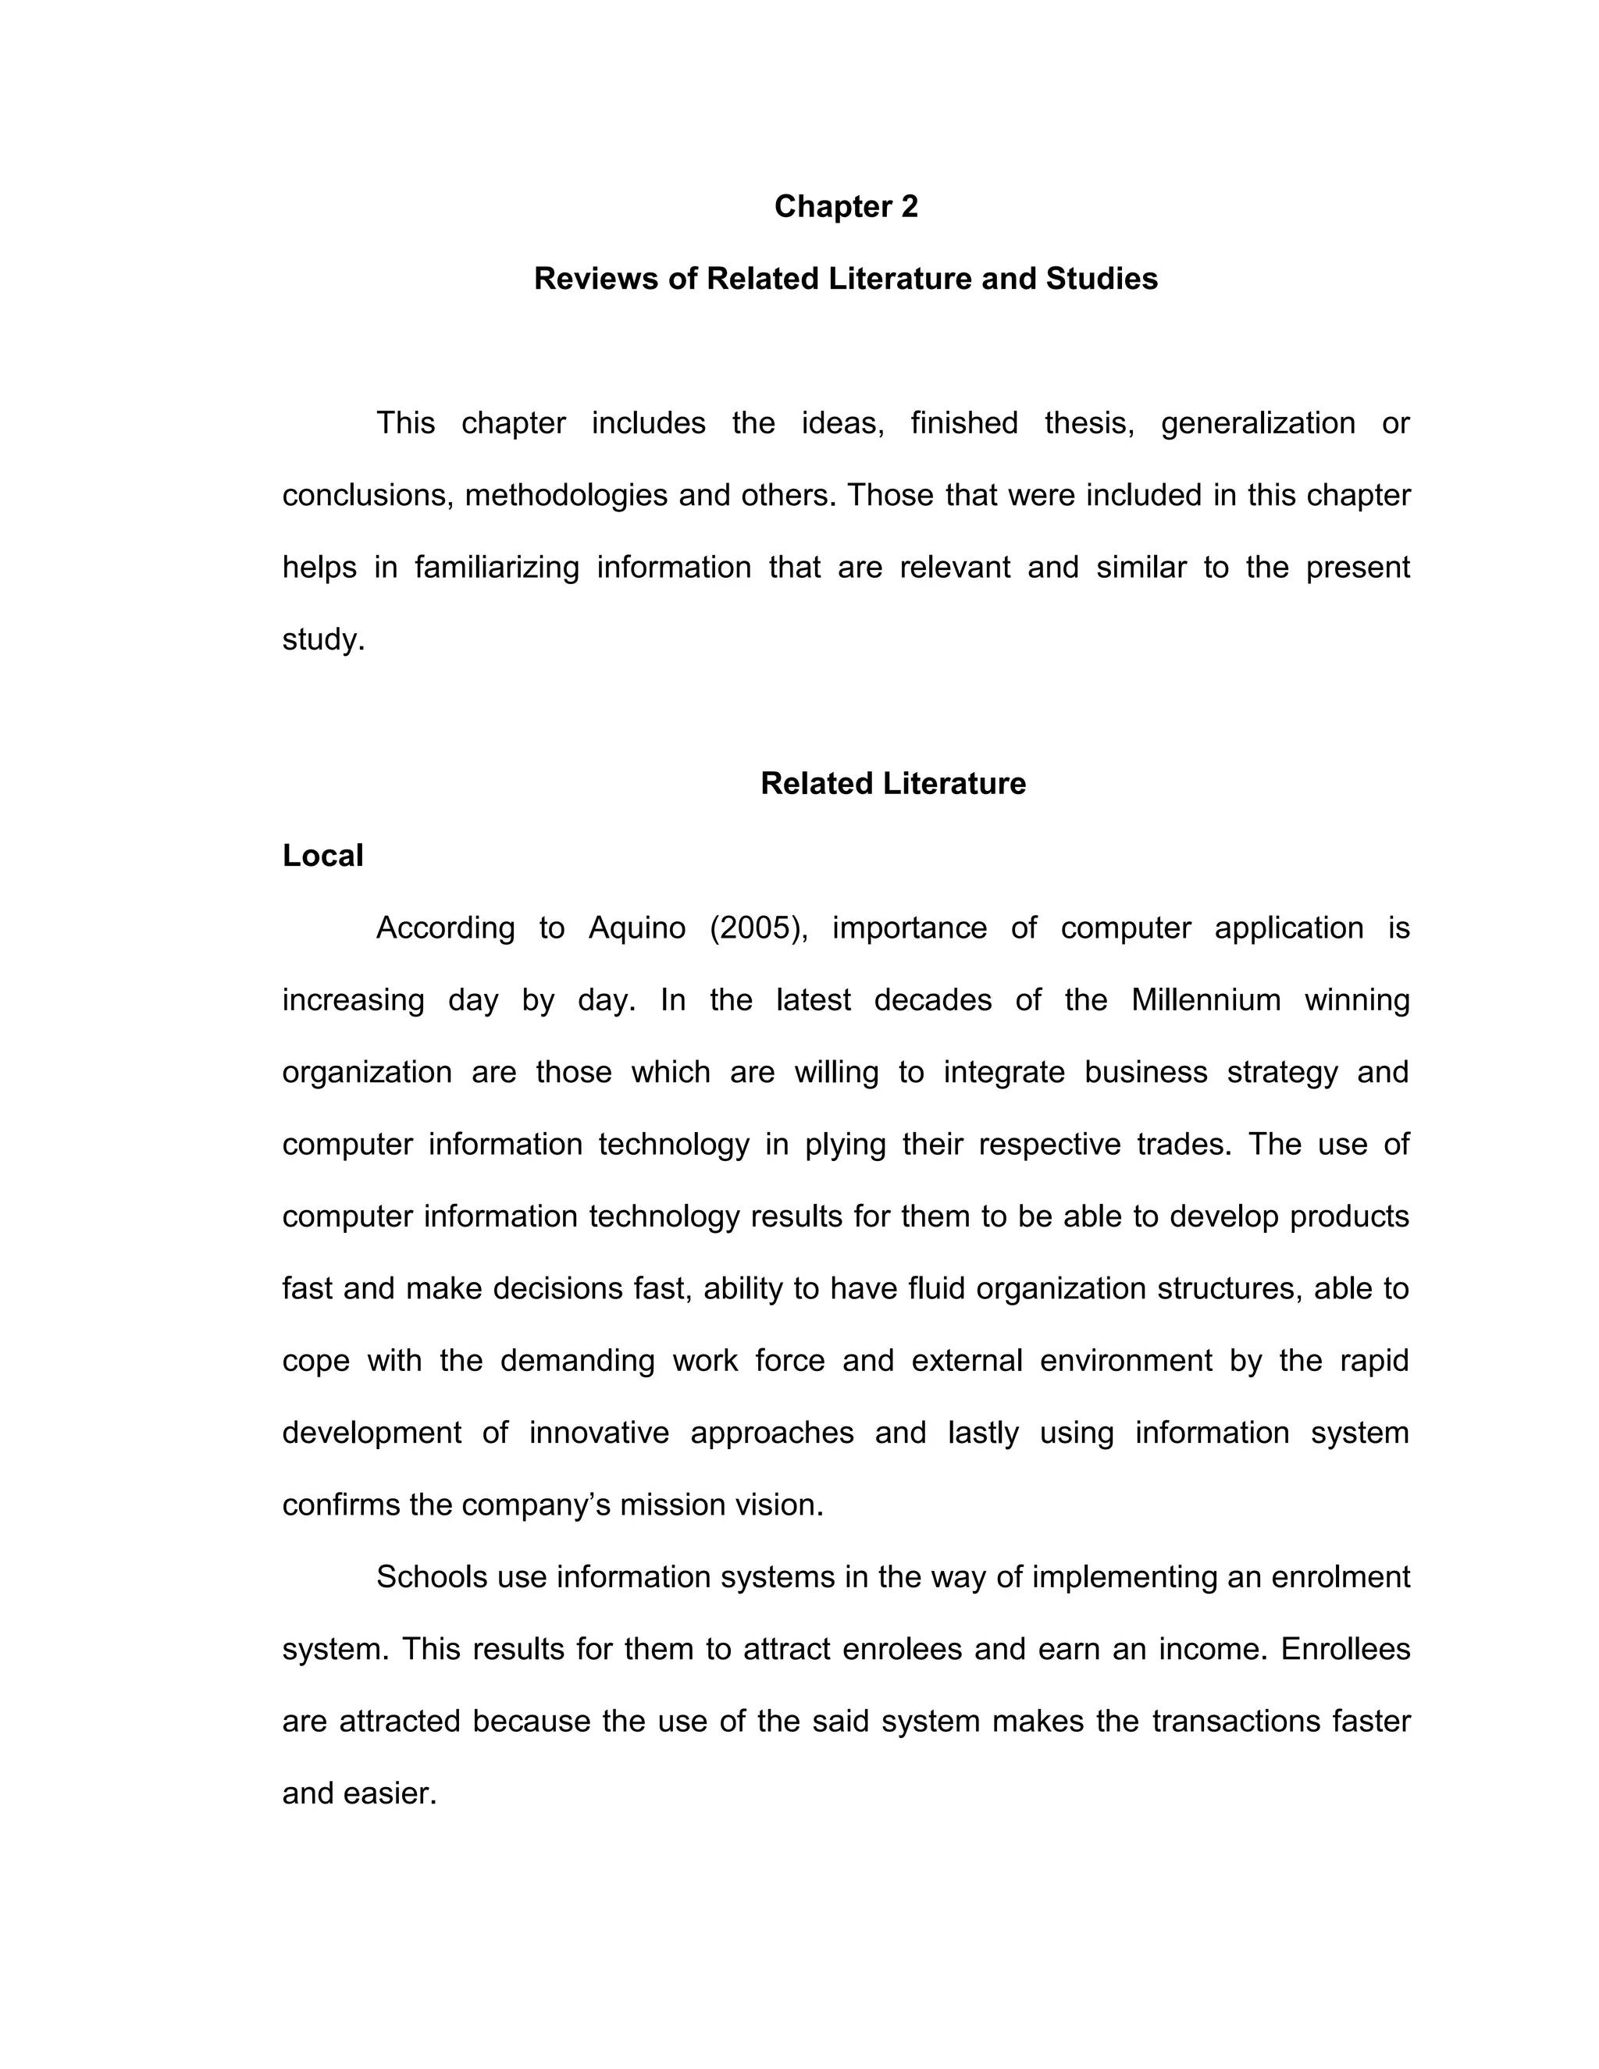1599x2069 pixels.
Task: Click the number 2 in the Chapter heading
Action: pos(909,207)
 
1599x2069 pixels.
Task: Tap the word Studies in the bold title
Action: pos(1102,279)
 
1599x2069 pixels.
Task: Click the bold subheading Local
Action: pos(322,856)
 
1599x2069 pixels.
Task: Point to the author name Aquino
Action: pos(636,928)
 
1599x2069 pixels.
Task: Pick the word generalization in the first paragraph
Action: pos(1258,422)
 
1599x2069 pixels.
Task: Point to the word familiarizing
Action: pos(497,568)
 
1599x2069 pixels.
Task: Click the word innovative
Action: pos(599,1433)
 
